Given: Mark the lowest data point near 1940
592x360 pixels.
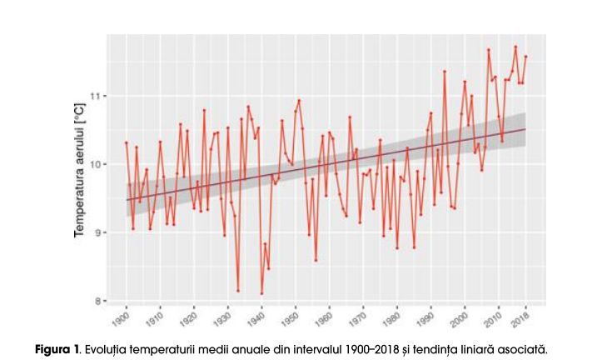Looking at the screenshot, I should tap(261, 293).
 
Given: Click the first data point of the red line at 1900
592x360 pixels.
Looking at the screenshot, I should tap(126, 142).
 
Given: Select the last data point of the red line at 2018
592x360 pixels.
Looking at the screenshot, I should tap(526, 57).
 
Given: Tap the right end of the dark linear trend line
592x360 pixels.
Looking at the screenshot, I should tap(526, 129).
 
